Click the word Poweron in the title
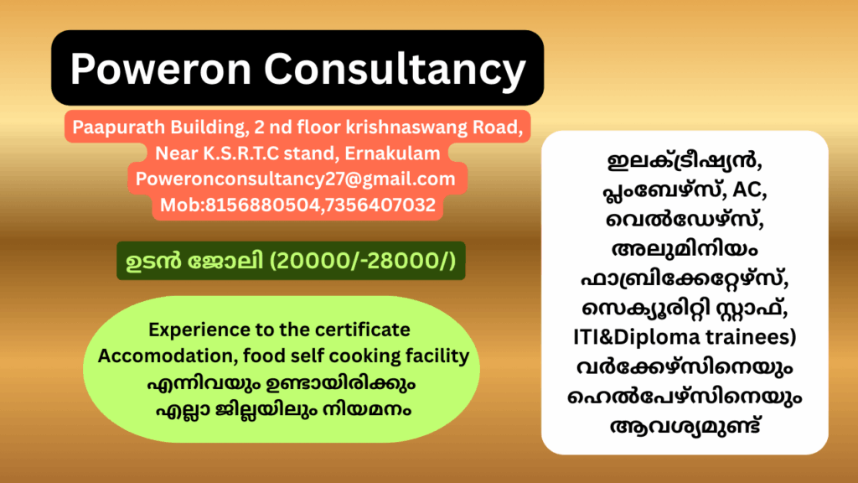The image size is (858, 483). pos(160,69)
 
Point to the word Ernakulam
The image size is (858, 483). pos(392,153)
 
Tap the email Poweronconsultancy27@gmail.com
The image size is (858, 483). pos(296,179)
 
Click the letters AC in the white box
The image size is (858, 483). pos(749,190)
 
